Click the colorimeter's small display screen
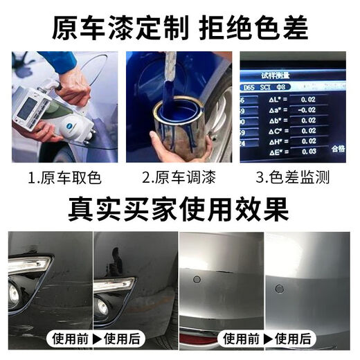click(28, 109)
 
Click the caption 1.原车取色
click(64, 178)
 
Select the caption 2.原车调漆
click(178, 178)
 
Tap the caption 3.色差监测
click(292, 178)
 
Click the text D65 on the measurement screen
click(249, 89)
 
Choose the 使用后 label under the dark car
click(121, 339)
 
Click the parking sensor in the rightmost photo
click(281, 287)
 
